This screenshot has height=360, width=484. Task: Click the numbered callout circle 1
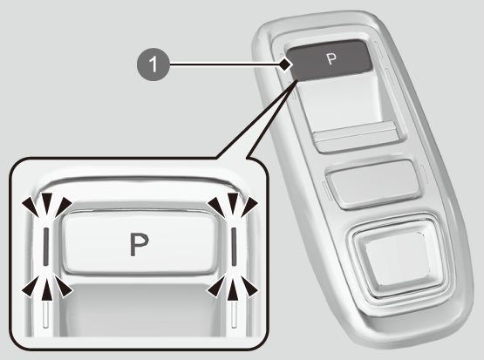153,65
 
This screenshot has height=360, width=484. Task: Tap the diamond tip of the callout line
285,65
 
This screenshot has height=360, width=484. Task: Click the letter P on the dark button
331,58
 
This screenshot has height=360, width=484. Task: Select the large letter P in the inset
140,244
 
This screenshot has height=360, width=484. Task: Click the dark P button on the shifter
329,60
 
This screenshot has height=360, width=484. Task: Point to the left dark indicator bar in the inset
46,247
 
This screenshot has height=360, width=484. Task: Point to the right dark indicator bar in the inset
234,247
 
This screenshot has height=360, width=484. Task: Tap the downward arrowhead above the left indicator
47,204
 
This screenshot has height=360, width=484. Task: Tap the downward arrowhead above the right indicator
234,204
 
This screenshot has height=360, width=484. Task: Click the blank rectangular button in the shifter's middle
373,183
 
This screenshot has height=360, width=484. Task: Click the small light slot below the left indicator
46,315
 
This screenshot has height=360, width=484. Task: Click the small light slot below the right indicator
234,315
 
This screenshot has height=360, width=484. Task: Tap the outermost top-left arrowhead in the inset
31,207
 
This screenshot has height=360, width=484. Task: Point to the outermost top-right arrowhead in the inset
249,207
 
